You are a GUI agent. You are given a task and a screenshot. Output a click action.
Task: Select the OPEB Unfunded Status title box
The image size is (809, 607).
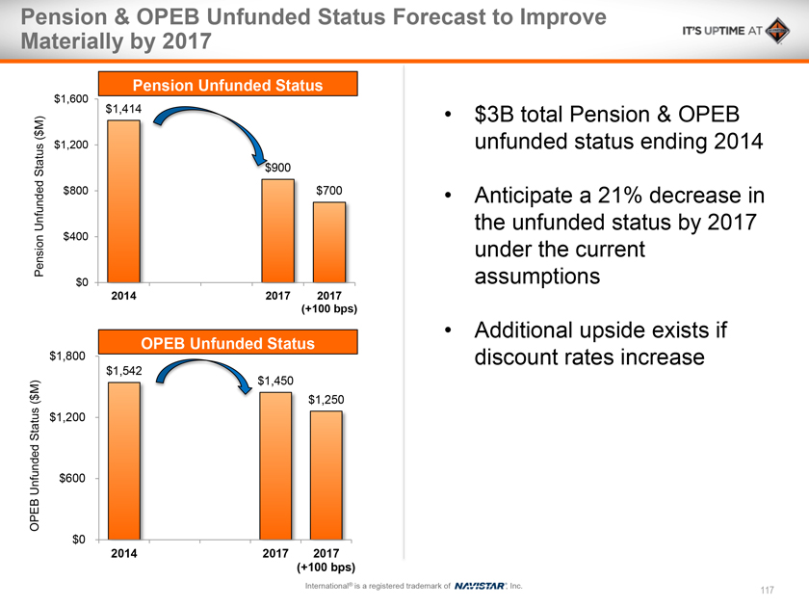click(x=227, y=343)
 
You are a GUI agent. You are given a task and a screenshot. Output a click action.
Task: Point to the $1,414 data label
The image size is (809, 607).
click(x=123, y=110)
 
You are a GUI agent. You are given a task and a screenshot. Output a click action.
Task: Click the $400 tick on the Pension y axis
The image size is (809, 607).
click(x=77, y=236)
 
